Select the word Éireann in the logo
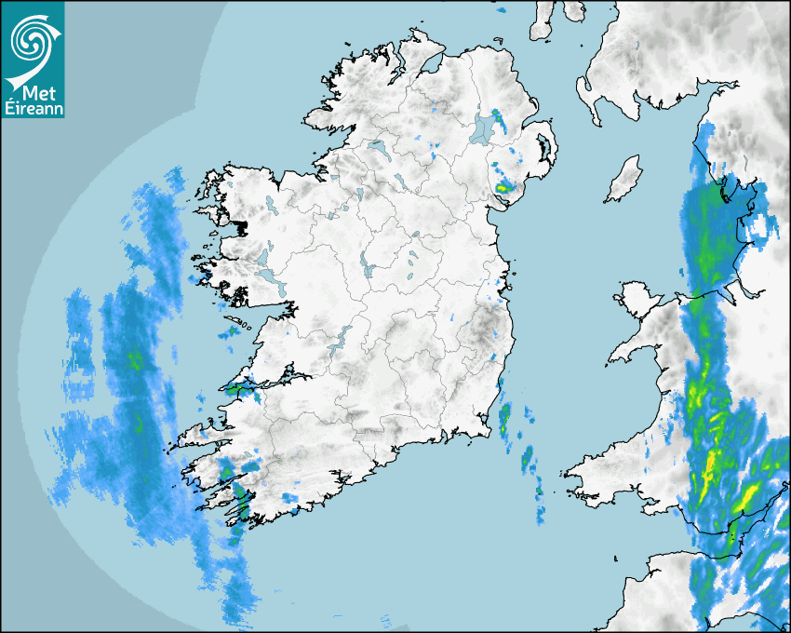pos(33,109)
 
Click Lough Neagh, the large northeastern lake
pos(484,128)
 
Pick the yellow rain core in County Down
pos(503,187)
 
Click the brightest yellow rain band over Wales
pos(712,461)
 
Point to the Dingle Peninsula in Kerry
pos(200,431)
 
